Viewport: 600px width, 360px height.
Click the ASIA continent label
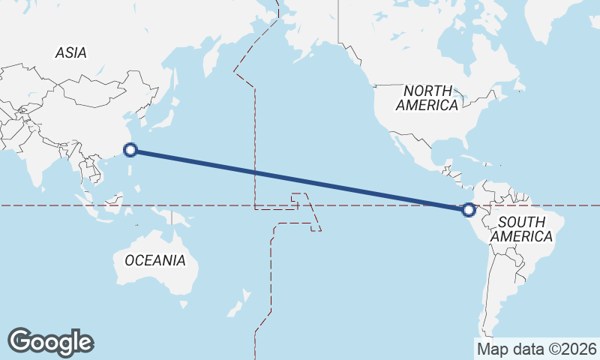tap(70, 52)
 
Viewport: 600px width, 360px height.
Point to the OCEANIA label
tap(154, 260)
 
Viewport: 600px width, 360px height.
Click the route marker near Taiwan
tap(130, 150)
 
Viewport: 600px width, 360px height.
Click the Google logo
tap(50, 341)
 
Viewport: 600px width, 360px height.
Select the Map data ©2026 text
tap(537, 349)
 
